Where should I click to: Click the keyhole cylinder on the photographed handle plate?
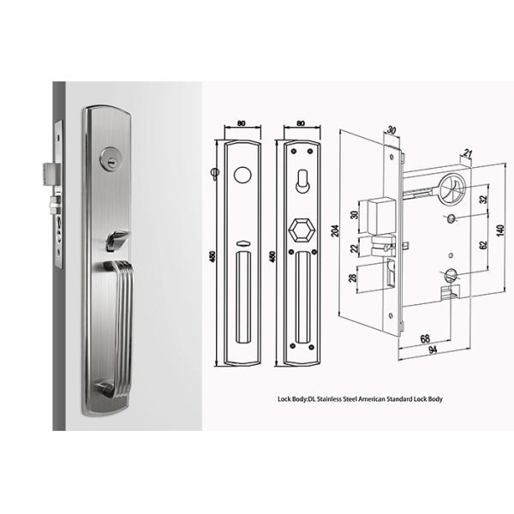(111, 158)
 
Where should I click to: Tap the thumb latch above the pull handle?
(117, 240)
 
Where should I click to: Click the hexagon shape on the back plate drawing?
(302, 230)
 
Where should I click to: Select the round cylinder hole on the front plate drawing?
(243, 174)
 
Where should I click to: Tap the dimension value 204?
(335, 231)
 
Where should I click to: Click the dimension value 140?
(500, 230)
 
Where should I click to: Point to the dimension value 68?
(425, 338)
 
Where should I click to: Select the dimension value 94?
(433, 350)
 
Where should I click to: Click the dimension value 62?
(483, 245)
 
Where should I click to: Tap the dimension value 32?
(483, 199)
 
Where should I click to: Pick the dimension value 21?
(468, 152)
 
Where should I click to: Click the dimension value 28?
(353, 278)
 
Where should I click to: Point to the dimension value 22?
(354, 248)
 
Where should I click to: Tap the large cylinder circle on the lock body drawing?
(452, 188)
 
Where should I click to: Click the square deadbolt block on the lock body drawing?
(382, 216)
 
